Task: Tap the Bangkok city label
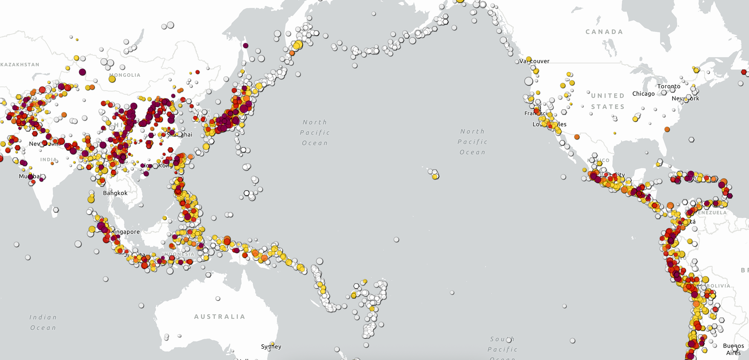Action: tap(115, 193)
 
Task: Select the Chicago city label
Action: tap(643, 94)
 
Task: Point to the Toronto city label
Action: tap(669, 86)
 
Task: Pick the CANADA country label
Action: tap(604, 32)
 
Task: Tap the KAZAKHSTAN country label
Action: tap(20, 65)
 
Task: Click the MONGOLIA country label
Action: tap(125, 75)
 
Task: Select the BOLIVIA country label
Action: tap(718, 286)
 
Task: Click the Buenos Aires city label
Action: tap(733, 349)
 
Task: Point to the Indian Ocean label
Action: tap(43, 322)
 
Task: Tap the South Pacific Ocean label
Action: tap(502, 349)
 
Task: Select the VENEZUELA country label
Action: tap(712, 213)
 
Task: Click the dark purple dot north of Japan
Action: tap(246, 45)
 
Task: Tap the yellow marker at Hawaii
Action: tap(435, 176)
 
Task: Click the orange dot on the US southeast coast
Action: tap(667, 129)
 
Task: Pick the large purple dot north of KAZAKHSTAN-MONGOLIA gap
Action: tap(82, 72)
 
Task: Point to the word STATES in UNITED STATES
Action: tap(608, 107)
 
